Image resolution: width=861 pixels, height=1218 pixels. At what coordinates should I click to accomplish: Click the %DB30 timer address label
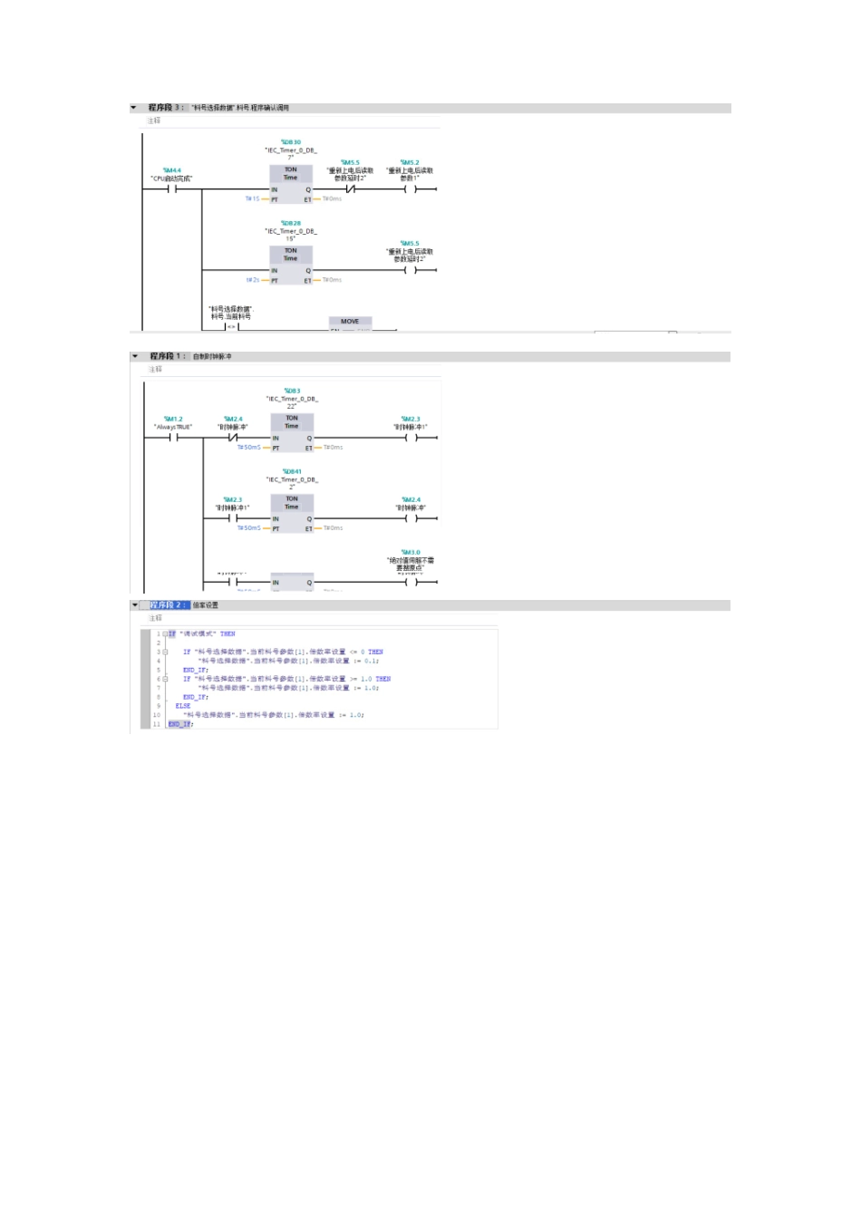pyautogui.click(x=291, y=142)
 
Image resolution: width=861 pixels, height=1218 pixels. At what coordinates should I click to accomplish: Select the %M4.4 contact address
pyautogui.click(x=172, y=170)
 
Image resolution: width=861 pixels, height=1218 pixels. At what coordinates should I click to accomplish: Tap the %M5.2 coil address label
pyautogui.click(x=410, y=163)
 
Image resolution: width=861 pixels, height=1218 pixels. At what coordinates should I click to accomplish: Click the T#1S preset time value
pyautogui.click(x=252, y=198)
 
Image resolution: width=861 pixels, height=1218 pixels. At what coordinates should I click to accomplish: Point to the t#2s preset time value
pyautogui.click(x=252, y=280)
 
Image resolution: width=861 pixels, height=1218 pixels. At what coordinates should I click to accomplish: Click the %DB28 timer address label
pyautogui.click(x=291, y=223)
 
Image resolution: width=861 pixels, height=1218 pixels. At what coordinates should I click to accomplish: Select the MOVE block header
pyautogui.click(x=350, y=322)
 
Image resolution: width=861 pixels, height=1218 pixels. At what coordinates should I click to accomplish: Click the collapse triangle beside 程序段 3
pyautogui.click(x=134, y=108)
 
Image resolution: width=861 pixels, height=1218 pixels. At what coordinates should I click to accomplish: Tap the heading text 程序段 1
pyautogui.click(x=167, y=356)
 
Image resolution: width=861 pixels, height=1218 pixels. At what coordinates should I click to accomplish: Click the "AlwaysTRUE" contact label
pyautogui.click(x=173, y=427)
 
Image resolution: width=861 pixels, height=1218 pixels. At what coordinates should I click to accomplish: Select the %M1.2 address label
pyautogui.click(x=173, y=419)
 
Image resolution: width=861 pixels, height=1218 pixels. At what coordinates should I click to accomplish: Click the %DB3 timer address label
pyautogui.click(x=292, y=391)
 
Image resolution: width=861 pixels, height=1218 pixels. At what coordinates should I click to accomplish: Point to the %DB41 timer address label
pyautogui.click(x=292, y=471)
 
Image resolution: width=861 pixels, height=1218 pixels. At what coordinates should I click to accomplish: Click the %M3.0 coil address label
pyautogui.click(x=411, y=552)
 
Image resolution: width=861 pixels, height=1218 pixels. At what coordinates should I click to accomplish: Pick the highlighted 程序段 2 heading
pyautogui.click(x=169, y=604)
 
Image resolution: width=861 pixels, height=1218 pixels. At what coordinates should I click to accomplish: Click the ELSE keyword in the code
pyautogui.click(x=183, y=706)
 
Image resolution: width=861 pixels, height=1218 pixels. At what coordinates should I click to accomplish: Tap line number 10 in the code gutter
pyautogui.click(x=157, y=715)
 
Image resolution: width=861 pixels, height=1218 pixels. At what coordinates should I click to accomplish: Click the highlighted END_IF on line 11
pyautogui.click(x=180, y=724)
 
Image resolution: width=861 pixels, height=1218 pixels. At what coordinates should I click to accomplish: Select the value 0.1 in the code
pyautogui.click(x=370, y=661)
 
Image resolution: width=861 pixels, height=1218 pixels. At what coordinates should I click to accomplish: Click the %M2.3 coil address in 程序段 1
pyautogui.click(x=411, y=419)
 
